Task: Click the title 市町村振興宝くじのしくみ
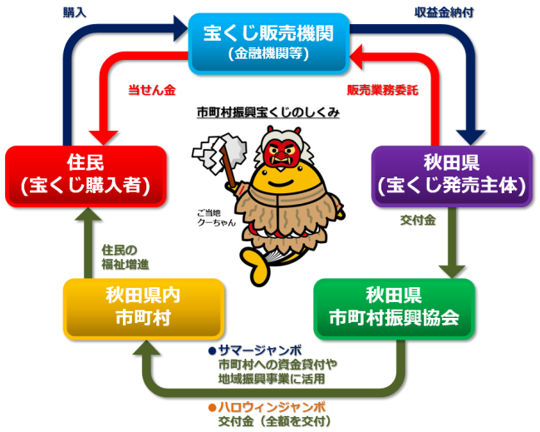267,112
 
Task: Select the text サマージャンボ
259,351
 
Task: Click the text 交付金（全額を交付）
271,420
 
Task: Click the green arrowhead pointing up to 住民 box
86,219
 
